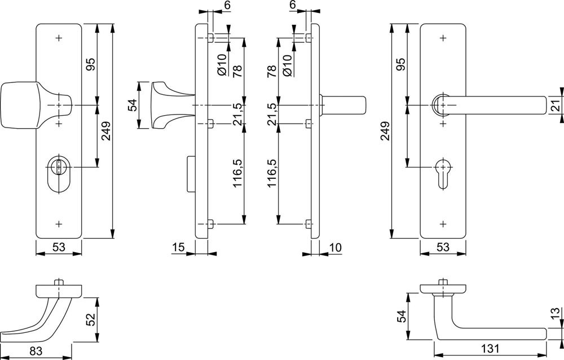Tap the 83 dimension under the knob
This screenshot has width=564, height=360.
(x=35, y=350)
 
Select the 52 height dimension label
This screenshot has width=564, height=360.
(x=90, y=319)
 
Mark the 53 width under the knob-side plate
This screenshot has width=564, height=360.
(x=59, y=247)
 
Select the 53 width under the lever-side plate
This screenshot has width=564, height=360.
(x=443, y=247)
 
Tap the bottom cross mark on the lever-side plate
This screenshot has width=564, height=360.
(x=443, y=224)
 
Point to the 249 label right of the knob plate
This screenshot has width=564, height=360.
(x=106, y=131)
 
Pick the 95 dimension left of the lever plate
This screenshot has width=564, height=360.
(x=402, y=64)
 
